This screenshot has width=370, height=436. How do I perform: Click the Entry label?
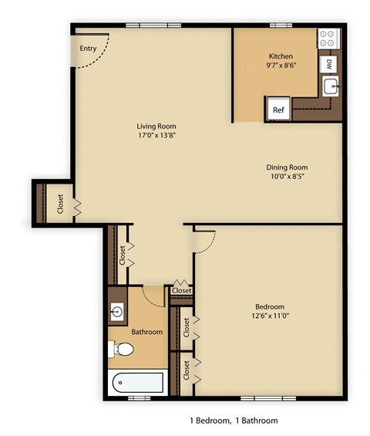89,49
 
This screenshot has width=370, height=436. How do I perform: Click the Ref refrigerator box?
277,110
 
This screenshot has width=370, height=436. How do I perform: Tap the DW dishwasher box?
329,63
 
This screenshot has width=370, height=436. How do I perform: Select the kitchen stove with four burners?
328,37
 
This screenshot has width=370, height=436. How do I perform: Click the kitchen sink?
331,87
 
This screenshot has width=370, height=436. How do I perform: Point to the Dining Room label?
287,167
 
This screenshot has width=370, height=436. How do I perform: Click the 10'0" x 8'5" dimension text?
287,177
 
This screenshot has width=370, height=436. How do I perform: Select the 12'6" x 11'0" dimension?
270,316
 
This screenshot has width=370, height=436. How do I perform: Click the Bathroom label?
146,332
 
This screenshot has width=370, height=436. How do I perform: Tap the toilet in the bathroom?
122,350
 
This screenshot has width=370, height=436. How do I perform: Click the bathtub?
136,382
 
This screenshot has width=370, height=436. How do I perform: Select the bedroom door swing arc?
203,245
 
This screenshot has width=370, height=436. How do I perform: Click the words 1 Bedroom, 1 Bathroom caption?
234,421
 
